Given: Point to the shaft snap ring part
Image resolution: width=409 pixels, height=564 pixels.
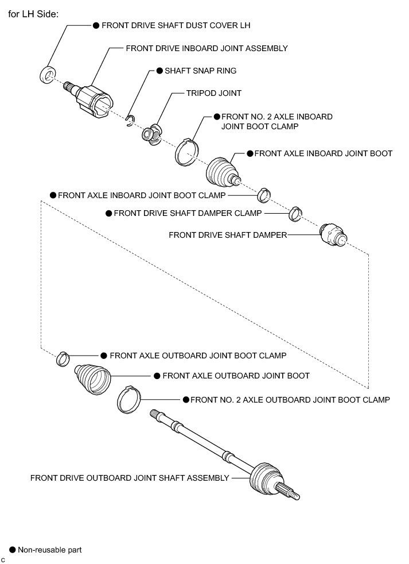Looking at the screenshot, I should tap(131, 119).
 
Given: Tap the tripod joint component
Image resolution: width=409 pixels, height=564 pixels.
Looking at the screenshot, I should tap(152, 133).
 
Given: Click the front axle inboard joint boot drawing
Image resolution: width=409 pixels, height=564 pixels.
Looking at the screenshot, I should tap(221, 171).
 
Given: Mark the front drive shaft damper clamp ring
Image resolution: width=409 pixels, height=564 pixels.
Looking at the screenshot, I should tap(295, 213).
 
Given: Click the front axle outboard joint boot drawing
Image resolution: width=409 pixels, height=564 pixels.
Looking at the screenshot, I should tap(91, 379).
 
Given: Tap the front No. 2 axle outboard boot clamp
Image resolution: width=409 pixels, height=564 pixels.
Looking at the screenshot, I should tap(129, 398).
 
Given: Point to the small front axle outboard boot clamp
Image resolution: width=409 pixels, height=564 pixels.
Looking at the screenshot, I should tap(63, 359).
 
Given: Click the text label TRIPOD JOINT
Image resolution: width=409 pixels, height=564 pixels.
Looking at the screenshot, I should tap(214, 93).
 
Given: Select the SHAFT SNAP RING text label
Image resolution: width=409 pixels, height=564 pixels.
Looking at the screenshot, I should tap(200, 71).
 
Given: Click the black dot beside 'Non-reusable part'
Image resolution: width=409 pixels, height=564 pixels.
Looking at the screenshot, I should tap(11, 550).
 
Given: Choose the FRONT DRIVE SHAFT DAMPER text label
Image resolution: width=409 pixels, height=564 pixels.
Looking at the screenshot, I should tap(228, 235).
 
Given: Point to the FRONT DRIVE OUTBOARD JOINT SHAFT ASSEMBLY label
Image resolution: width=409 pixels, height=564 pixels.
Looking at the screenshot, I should tap(130, 477).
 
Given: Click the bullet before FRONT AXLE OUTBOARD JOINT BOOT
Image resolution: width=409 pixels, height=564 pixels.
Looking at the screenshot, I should tap(156, 376).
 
